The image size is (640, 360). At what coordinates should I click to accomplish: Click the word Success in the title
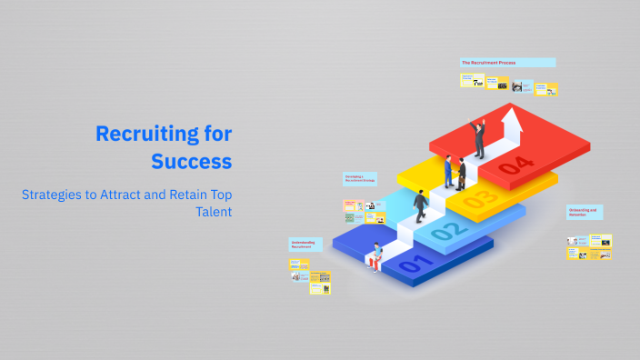click(x=192, y=162)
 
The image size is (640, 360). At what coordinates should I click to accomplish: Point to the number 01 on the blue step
click(x=411, y=265)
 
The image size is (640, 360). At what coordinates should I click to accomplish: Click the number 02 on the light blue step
click(x=445, y=231)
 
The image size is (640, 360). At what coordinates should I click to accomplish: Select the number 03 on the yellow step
click(x=480, y=197)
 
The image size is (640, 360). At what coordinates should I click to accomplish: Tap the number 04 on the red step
click(x=515, y=165)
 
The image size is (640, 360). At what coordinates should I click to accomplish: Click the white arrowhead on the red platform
click(x=513, y=116)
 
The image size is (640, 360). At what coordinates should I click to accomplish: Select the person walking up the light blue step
click(x=421, y=206)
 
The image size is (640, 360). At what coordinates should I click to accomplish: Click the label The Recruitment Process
click(x=507, y=63)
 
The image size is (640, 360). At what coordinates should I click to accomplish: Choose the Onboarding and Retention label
click(x=584, y=213)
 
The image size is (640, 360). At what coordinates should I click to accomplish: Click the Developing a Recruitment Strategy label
click(x=358, y=179)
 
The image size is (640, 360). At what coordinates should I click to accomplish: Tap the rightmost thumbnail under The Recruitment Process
click(x=545, y=88)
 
